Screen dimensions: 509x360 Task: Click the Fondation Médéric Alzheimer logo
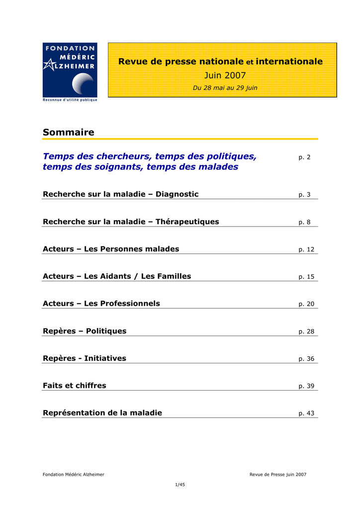tap(70, 69)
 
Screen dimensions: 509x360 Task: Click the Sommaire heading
tap(68, 132)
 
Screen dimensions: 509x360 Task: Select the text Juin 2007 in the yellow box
tap(225, 75)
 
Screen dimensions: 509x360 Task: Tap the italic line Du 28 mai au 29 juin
tap(225, 88)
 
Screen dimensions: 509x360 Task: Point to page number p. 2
tap(304, 157)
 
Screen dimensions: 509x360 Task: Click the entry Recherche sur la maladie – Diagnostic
tap(121, 194)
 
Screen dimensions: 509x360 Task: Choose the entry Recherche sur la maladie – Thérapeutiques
tap(131, 221)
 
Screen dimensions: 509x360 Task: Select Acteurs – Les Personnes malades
tap(111, 249)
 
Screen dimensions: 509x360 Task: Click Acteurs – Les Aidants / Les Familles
tap(117, 276)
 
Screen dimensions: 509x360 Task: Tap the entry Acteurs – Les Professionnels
tap(101, 303)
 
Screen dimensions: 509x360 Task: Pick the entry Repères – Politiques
tap(85, 331)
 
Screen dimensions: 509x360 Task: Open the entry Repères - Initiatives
tap(85, 358)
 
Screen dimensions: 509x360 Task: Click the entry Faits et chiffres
tap(75, 385)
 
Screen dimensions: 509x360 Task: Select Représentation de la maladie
tap(102, 413)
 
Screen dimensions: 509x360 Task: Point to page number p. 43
tap(306, 414)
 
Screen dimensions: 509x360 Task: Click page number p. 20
tap(306, 304)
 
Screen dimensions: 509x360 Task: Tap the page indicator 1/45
tap(180, 485)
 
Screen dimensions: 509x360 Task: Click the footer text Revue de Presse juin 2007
tap(278, 474)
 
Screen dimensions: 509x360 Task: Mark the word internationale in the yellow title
tap(289, 62)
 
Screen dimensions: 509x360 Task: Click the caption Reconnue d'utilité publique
tap(70, 100)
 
